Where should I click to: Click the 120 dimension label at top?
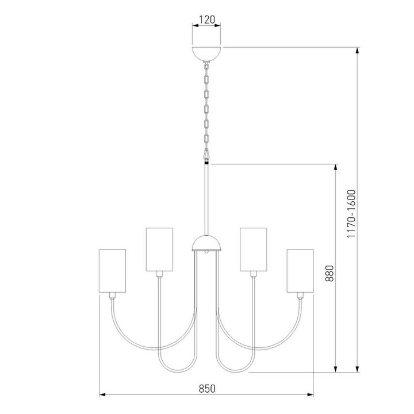[x=206, y=20]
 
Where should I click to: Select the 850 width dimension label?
[x=206, y=388]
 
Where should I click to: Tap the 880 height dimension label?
[x=330, y=272]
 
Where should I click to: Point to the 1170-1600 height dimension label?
[x=352, y=214]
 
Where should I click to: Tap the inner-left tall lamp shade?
[x=159, y=249]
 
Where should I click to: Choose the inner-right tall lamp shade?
[x=254, y=249]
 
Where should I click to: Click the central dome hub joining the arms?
[x=206, y=244]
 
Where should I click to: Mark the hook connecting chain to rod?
[x=206, y=154]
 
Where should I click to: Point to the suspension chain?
[x=206, y=106]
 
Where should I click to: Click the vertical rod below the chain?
[x=206, y=198]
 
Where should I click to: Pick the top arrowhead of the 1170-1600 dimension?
[x=358, y=50]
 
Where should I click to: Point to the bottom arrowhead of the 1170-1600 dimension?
[x=358, y=369]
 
